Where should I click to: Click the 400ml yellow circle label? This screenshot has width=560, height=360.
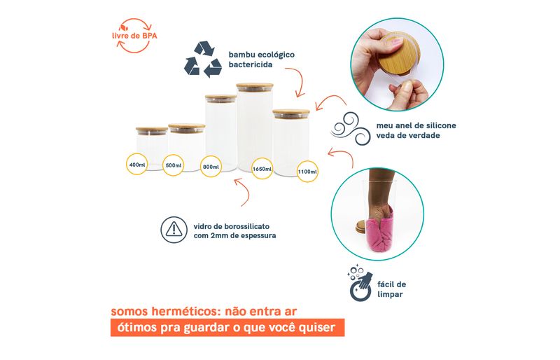[x=136, y=164]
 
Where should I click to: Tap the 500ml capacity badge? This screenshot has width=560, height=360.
[x=173, y=165]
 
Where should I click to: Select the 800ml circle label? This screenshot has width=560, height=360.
[x=211, y=167]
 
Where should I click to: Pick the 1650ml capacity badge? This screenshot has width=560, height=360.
[x=262, y=169]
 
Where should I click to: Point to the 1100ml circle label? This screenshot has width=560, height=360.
[x=307, y=172]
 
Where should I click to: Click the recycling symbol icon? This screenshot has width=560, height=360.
[x=203, y=60]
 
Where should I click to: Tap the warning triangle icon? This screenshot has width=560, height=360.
[x=174, y=230]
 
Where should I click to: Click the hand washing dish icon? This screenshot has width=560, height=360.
[x=360, y=283]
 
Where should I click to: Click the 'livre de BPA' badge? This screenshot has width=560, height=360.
[x=134, y=36]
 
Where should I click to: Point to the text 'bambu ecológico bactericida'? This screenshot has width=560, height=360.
[x=261, y=60]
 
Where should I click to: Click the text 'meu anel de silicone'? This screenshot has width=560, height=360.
[x=416, y=125]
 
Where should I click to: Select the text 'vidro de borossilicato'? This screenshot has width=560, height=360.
[x=232, y=226]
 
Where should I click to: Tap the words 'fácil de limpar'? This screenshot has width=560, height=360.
[x=391, y=289]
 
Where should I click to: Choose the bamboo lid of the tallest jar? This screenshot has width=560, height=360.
[x=255, y=88]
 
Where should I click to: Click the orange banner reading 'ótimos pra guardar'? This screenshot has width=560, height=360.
[x=227, y=328]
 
